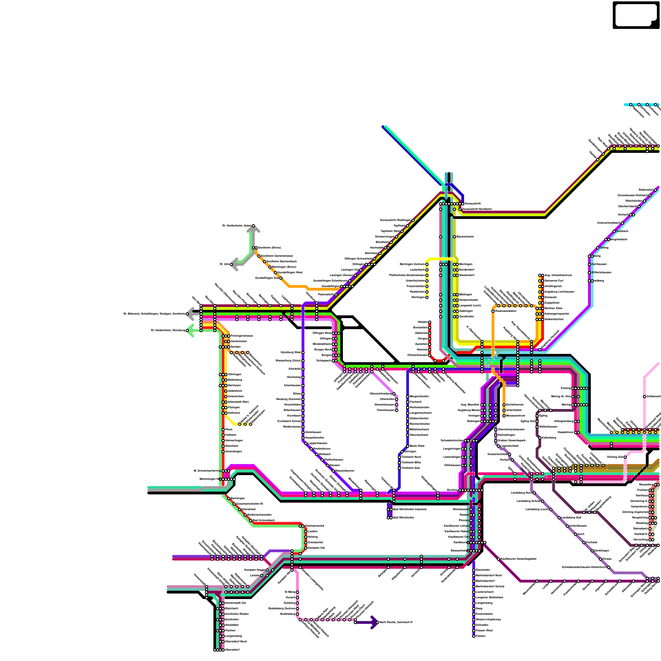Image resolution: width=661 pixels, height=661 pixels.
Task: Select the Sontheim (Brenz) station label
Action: [x=269, y=247]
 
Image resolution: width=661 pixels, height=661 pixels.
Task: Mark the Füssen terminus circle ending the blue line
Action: [x=473, y=636]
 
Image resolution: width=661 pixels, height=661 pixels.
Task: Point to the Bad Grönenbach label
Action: [x=264, y=520]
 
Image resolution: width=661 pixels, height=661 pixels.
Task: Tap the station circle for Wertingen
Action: [x=427, y=297]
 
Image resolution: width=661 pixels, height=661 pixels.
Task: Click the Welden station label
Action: [x=422, y=322]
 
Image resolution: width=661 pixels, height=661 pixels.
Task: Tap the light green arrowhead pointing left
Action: [x=190, y=330]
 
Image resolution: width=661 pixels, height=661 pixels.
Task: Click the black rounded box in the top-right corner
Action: [x=636, y=15]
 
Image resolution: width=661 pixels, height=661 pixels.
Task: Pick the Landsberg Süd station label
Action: [x=569, y=517]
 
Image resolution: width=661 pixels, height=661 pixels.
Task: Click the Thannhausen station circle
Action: [x=397, y=410]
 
